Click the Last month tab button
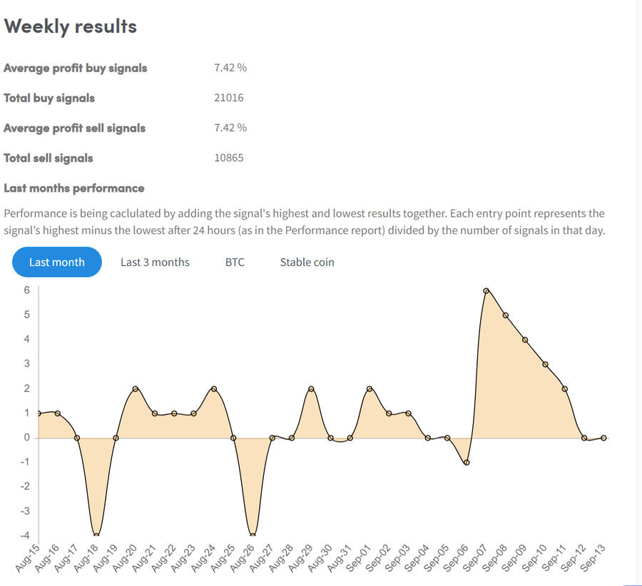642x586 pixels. [x=56, y=262]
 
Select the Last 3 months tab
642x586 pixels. [x=155, y=262]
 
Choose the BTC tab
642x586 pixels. [x=235, y=262]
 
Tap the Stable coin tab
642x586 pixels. [x=307, y=262]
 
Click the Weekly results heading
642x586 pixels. [x=70, y=26]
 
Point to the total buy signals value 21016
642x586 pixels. [x=228, y=98]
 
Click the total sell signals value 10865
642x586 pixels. [x=228, y=158]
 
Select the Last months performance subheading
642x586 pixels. [x=74, y=188]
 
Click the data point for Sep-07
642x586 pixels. [x=486, y=291]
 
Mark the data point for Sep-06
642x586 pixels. [x=467, y=463]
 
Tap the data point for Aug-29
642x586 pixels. [x=311, y=389]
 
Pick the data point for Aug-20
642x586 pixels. [x=136, y=389]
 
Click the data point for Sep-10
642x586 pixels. [x=545, y=364]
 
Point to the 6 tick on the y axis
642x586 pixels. [x=26, y=290]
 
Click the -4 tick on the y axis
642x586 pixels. [x=25, y=535]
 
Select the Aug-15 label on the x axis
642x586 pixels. [x=27, y=557]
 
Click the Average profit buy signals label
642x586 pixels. [x=76, y=68]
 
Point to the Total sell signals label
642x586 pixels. [x=49, y=158]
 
